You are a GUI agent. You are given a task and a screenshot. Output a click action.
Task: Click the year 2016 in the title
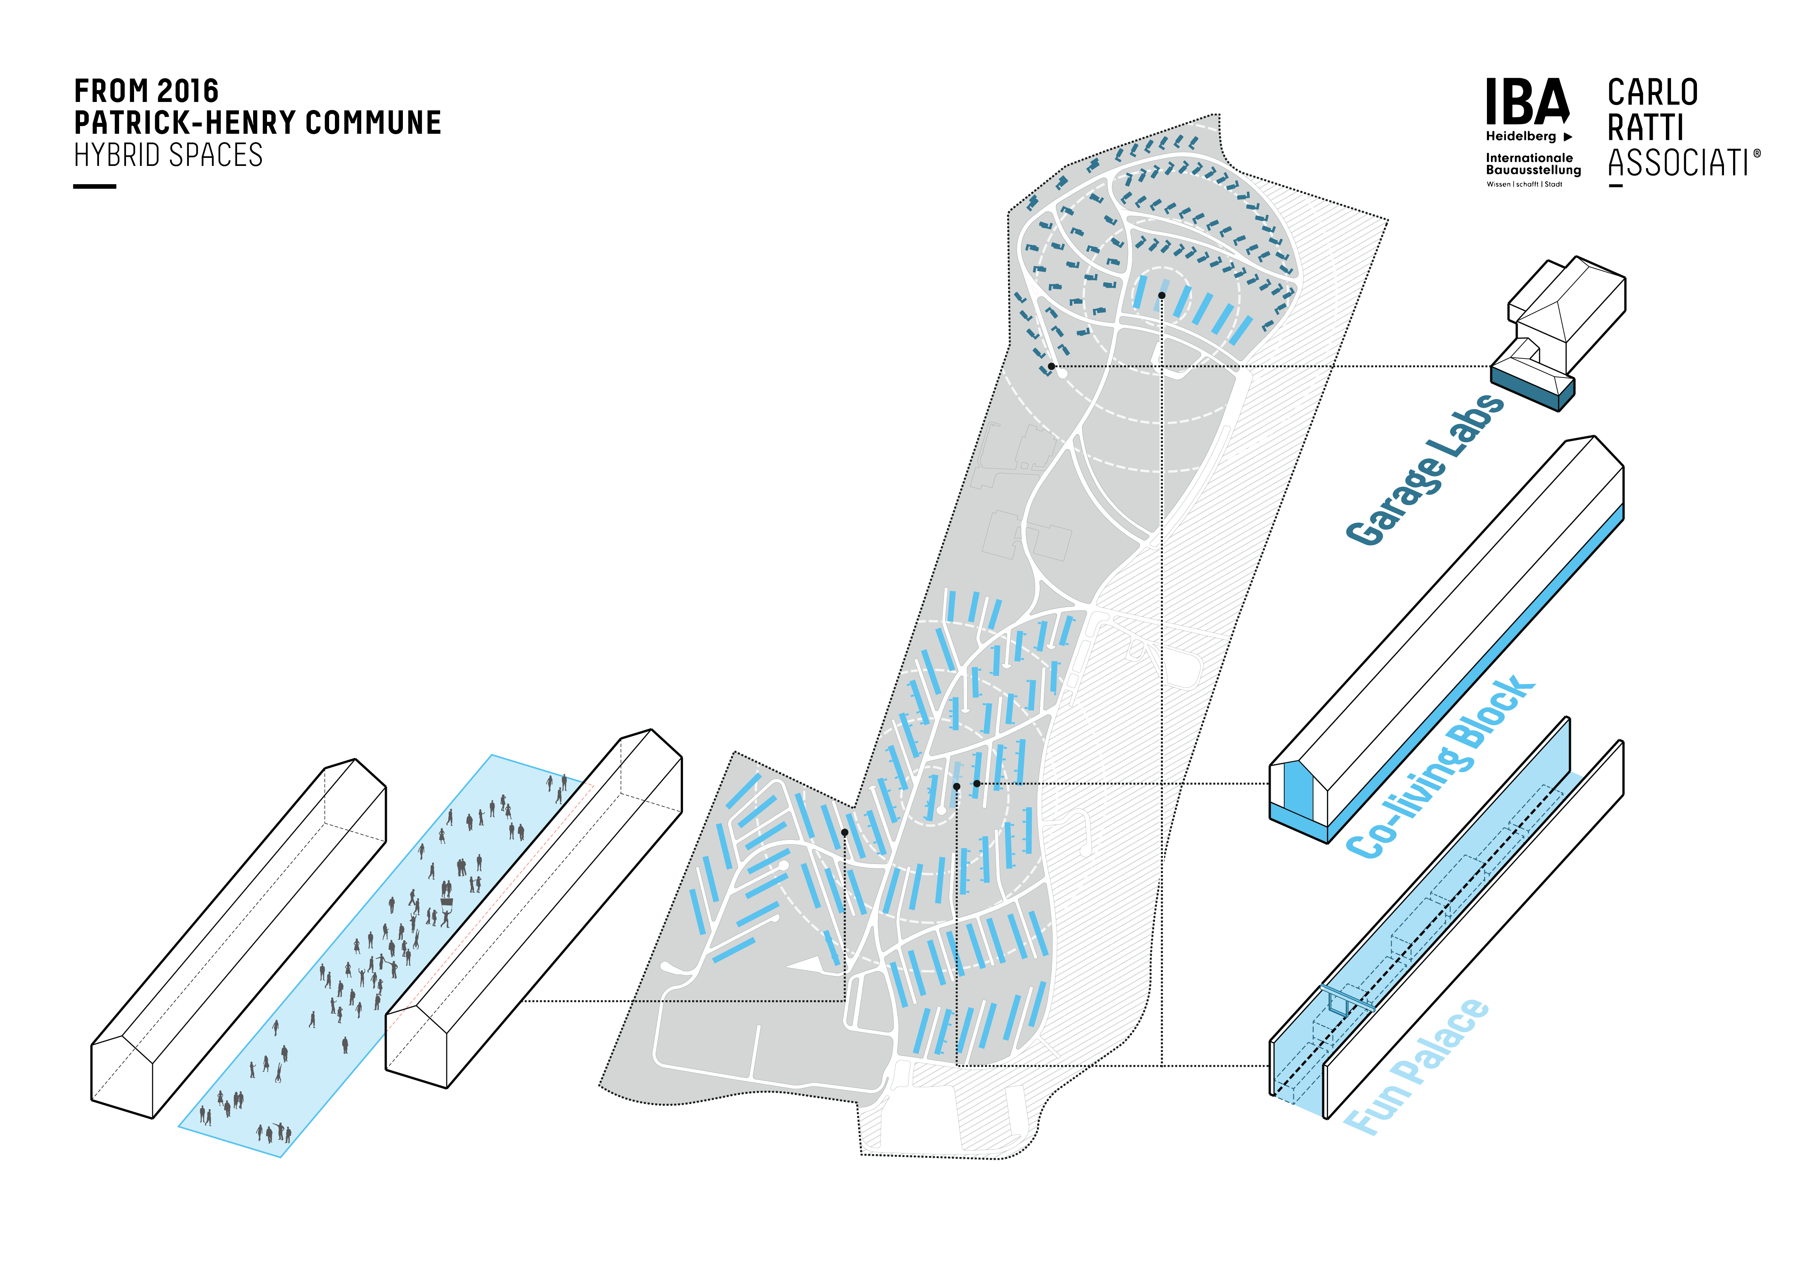(188, 92)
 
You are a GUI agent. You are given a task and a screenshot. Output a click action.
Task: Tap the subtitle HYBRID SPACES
(168, 156)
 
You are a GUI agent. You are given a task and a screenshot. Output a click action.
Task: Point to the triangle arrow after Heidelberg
(1568, 137)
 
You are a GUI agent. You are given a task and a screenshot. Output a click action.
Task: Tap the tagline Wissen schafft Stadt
(1524, 184)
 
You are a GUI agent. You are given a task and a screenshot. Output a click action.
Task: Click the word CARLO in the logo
(1653, 93)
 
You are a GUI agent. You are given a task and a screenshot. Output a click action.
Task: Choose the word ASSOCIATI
(1678, 163)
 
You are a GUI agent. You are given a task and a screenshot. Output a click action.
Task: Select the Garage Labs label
(1424, 470)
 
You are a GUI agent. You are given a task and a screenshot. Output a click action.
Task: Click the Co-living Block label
(1440, 766)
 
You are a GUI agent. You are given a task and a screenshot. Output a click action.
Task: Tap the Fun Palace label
(1416, 1066)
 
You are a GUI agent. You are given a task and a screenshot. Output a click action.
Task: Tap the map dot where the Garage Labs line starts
(1051, 366)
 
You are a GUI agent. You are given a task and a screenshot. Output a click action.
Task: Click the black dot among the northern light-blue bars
(1162, 295)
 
